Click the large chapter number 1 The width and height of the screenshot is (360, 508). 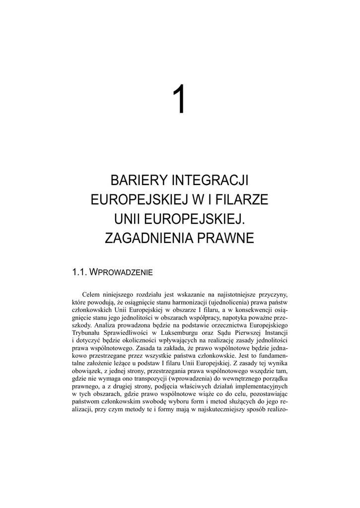pyautogui.click(x=180, y=99)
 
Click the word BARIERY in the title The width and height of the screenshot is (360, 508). pyautogui.click(x=139, y=179)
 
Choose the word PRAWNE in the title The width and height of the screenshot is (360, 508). pyautogui.click(x=226, y=239)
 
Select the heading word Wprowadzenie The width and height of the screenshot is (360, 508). pyautogui.click(x=126, y=272)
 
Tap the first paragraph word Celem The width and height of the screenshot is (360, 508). pyautogui.click(x=92, y=293)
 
